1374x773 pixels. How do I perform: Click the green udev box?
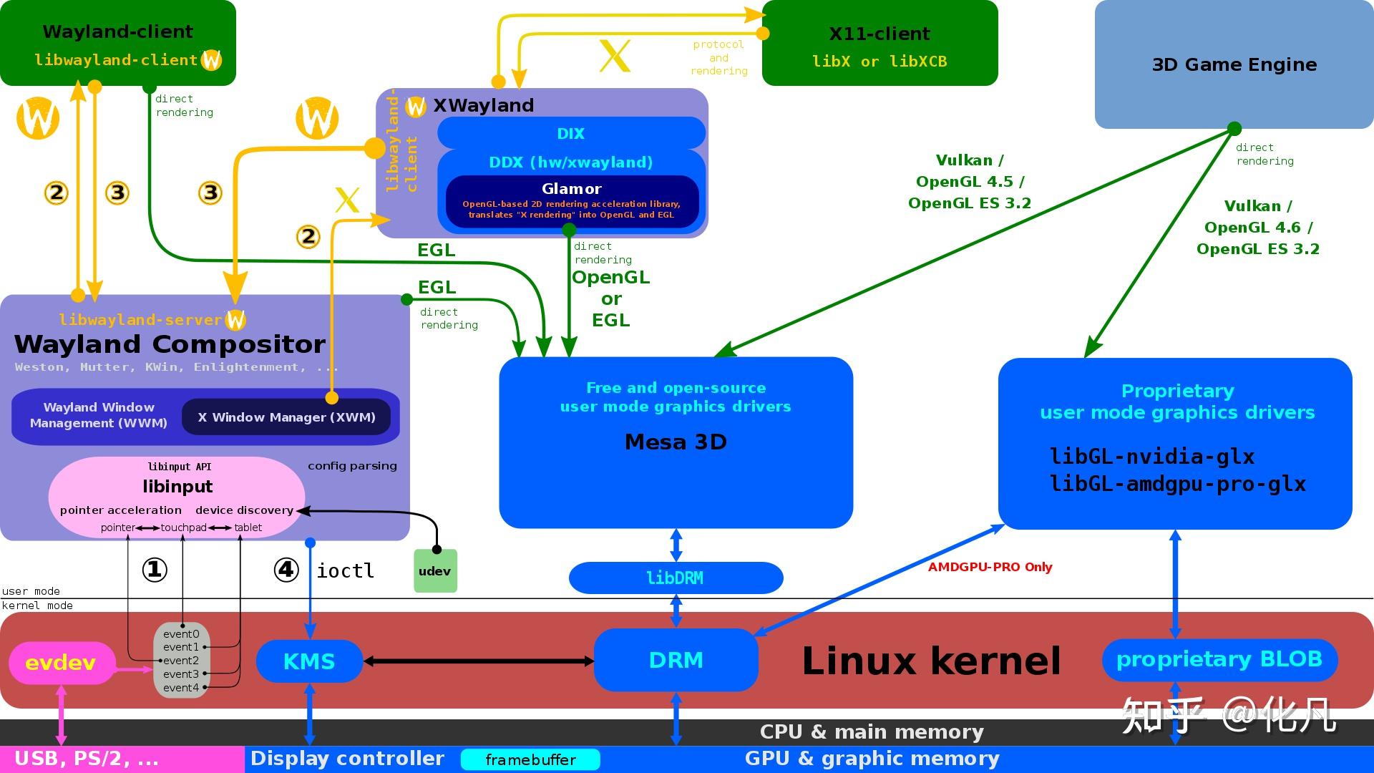pyautogui.click(x=435, y=571)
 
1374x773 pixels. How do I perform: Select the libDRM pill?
pyautogui.click(x=675, y=578)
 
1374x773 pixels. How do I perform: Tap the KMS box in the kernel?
pyautogui.click(x=309, y=661)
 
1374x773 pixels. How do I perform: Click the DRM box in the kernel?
pyautogui.click(x=676, y=660)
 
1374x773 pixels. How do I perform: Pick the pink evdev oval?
pyautogui.click(x=61, y=663)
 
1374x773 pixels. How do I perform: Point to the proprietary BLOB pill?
pyautogui.click(x=1219, y=659)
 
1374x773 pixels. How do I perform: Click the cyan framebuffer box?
pyautogui.click(x=530, y=759)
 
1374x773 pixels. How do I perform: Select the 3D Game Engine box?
pyautogui.click(x=1234, y=64)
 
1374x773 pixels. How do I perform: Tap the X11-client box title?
pyautogui.click(x=879, y=34)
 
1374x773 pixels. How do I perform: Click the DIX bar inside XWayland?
pyautogui.click(x=570, y=134)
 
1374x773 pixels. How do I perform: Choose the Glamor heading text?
pyautogui.click(x=571, y=189)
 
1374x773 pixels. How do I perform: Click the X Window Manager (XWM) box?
pyautogui.click(x=286, y=417)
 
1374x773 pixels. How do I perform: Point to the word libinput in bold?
pyautogui.click(x=177, y=487)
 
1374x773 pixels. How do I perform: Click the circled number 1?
pyautogui.click(x=155, y=570)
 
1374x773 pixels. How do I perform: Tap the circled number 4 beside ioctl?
pyautogui.click(x=286, y=570)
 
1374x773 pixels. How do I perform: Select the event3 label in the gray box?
pyautogui.click(x=180, y=674)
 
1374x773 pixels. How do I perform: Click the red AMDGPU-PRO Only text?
pyautogui.click(x=990, y=567)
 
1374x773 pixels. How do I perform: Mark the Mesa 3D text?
pyautogui.click(x=676, y=442)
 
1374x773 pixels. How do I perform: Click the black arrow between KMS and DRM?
pyautogui.click(x=478, y=661)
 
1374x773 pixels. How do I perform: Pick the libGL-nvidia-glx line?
pyautogui.click(x=1151, y=457)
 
